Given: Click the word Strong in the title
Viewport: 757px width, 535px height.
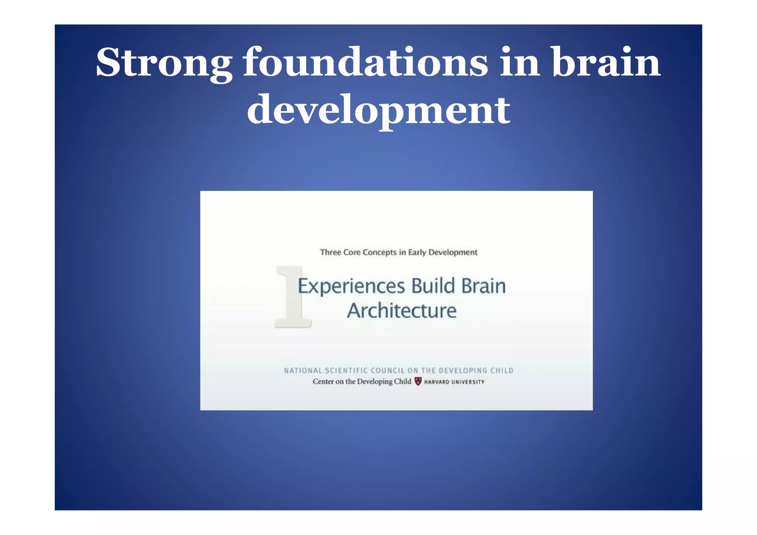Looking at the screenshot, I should pos(164,63).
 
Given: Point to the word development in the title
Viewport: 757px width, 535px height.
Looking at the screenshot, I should pos(378,109).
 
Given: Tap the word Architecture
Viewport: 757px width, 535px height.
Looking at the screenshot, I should pos(402,311).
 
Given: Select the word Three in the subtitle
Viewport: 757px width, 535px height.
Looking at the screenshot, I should pos(330,252).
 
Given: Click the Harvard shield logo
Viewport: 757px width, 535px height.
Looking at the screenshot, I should pos(418,381).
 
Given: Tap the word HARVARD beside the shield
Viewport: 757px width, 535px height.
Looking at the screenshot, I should pos(437,382).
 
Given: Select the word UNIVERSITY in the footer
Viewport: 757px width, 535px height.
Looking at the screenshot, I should pos(468,382).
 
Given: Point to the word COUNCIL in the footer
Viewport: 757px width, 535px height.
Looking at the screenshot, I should pos(387,370).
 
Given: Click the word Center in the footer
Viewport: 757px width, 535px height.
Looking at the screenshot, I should pos(323,382).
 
